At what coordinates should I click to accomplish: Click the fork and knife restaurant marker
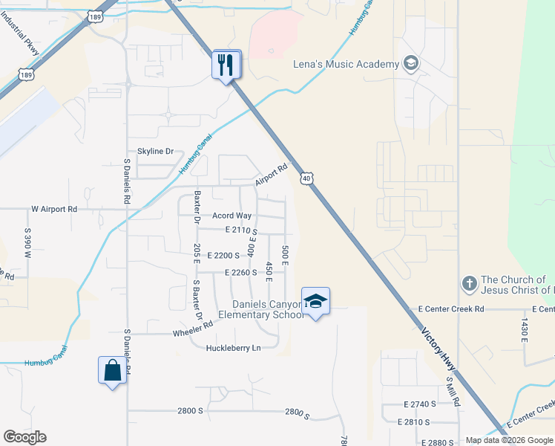227,64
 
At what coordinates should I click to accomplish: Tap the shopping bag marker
112,370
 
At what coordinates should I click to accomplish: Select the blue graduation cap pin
316,301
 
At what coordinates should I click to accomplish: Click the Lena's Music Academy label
346,64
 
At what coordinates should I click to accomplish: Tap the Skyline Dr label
155,151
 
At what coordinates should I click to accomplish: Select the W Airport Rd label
54,210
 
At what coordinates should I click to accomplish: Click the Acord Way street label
232,216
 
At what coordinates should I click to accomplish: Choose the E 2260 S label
241,273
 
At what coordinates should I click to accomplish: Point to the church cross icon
469,284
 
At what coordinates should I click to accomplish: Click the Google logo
24,437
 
